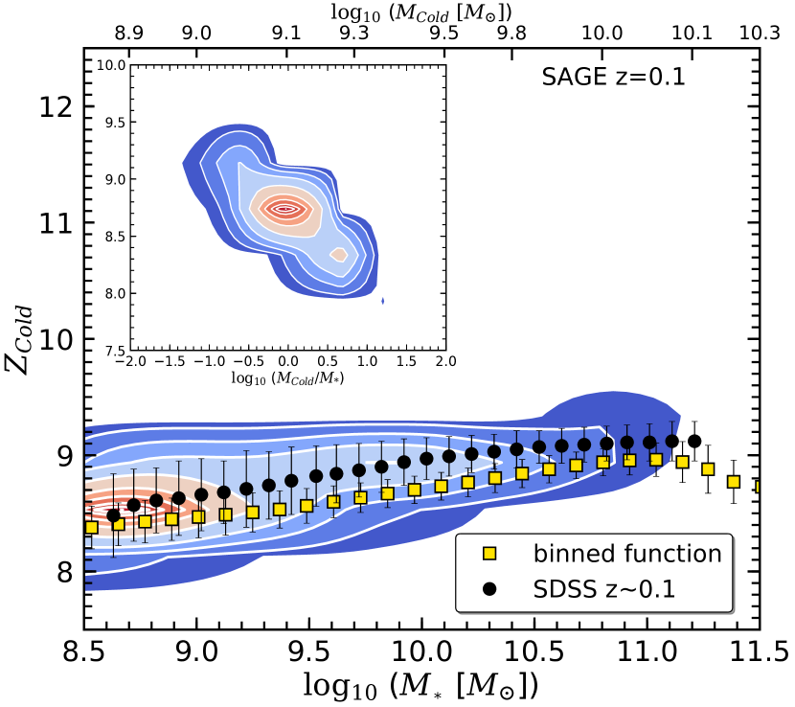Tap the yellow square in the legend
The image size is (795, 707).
[x=488, y=554]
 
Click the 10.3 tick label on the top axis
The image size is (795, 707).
[x=761, y=33]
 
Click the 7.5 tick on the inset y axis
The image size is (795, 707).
[x=115, y=350]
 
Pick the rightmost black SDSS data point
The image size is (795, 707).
[x=694, y=442]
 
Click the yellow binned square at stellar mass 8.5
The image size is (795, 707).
[x=91, y=528]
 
